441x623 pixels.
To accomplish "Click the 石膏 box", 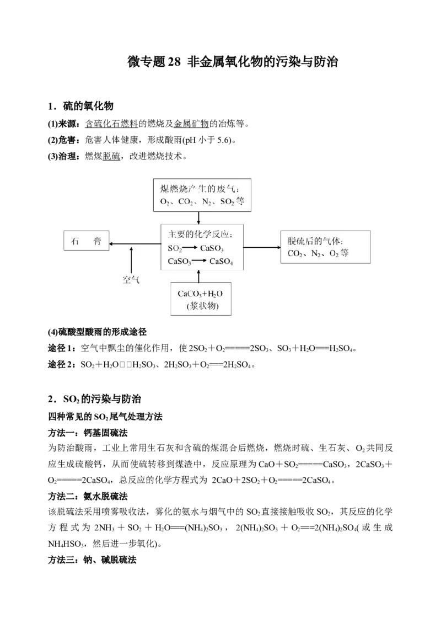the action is (86, 242).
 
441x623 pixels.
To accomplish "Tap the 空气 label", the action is (131, 280).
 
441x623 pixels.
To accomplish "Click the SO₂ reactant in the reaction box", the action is (175, 248).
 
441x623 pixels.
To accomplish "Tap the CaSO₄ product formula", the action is (221, 262).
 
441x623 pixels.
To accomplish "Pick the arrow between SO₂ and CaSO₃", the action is (190, 248).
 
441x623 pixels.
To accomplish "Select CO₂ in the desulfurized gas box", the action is (297, 254).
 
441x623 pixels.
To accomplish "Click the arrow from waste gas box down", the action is (198, 218).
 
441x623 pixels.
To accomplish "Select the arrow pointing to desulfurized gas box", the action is (262, 247).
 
